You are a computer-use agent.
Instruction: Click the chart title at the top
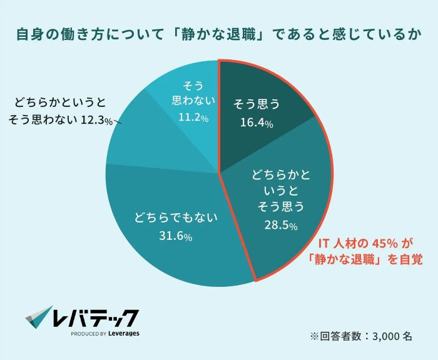[x=218, y=35]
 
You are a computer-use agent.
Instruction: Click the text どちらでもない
[x=175, y=218]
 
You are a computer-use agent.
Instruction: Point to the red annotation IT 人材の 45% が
[x=364, y=242]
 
